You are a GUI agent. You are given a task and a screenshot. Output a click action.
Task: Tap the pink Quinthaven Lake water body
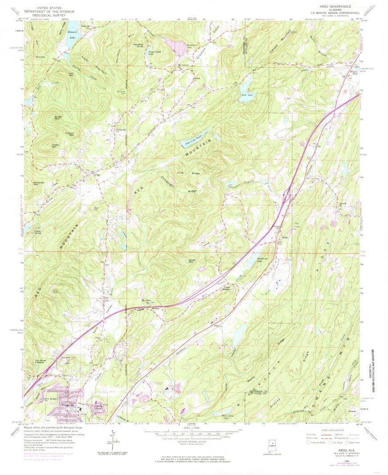(175, 45)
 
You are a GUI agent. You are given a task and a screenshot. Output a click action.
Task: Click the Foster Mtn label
(55, 145)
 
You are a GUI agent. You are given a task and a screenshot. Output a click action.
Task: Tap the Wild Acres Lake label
(228, 418)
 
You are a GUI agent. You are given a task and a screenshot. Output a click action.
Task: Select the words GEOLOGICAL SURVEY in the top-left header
(43, 16)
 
